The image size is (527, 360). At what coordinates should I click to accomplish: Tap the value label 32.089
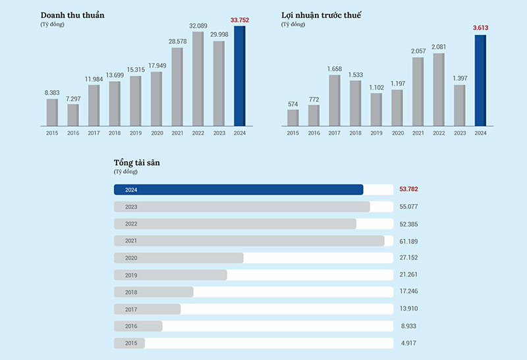(x=198, y=26)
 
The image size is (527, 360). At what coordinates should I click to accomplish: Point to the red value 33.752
(x=240, y=20)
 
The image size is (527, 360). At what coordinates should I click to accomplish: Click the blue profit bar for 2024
(x=480, y=80)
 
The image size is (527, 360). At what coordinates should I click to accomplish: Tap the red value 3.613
(x=480, y=28)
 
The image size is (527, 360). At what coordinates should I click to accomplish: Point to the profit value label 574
(x=292, y=103)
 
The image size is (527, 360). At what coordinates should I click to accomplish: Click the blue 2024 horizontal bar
(x=238, y=190)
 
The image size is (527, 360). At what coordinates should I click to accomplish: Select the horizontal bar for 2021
(x=249, y=241)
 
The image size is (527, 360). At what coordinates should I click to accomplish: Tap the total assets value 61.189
(x=409, y=241)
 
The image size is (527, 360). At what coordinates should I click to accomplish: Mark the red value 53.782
(x=409, y=190)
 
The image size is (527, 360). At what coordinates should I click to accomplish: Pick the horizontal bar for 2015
(x=129, y=343)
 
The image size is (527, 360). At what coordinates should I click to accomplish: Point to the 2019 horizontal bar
(x=170, y=274)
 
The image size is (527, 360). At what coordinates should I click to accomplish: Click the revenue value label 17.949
(x=156, y=65)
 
